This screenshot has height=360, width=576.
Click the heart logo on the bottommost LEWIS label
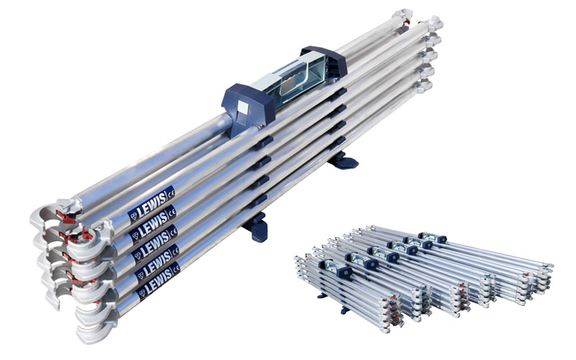(142, 293)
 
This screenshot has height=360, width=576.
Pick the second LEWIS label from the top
(153, 220)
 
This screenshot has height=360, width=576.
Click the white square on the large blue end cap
(243, 108)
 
